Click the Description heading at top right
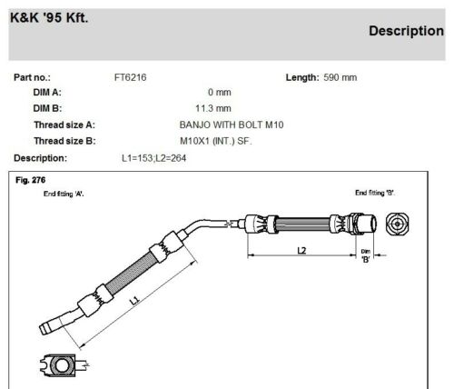click(406, 31)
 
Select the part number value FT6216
click(129, 77)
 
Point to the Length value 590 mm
click(340, 77)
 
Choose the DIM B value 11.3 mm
click(218, 107)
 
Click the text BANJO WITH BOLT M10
click(227, 124)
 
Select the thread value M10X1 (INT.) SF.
click(222, 140)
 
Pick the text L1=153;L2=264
click(158, 156)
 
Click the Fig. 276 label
click(30, 180)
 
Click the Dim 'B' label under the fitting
click(366, 257)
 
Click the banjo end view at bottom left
click(62, 365)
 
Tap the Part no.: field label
click(35, 77)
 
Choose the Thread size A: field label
click(64, 124)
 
